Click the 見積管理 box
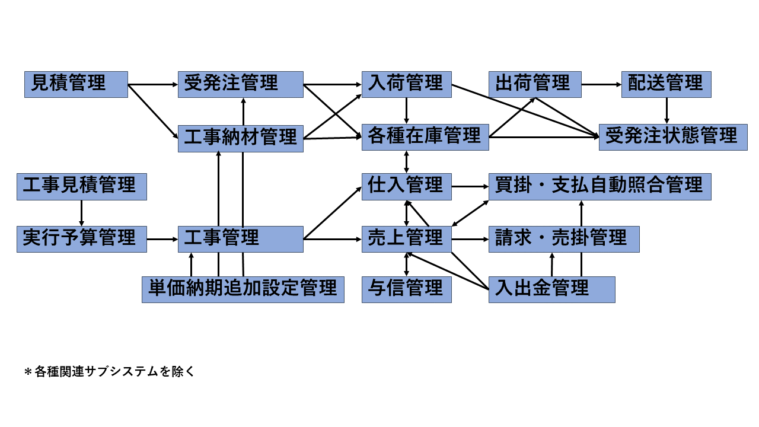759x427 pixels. point(76,84)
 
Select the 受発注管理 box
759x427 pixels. point(240,84)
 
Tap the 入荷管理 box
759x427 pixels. point(406,84)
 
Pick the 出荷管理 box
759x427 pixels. point(535,84)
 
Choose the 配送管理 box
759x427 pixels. point(666,84)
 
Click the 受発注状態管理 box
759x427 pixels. point(672,137)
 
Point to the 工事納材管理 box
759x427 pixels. point(240,138)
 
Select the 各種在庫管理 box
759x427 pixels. point(425,137)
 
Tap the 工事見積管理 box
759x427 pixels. point(81,186)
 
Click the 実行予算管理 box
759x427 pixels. point(81,239)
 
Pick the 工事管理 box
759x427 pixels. point(240,239)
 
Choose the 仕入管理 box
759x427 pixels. point(406,186)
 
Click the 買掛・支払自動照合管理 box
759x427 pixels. point(599,186)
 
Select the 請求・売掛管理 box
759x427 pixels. point(563,239)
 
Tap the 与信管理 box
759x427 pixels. point(406,289)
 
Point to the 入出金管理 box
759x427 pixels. point(551,289)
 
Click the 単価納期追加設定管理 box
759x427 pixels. point(243,289)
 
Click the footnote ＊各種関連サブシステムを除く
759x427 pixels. point(109,372)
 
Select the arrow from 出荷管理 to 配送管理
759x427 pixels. point(601,84)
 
